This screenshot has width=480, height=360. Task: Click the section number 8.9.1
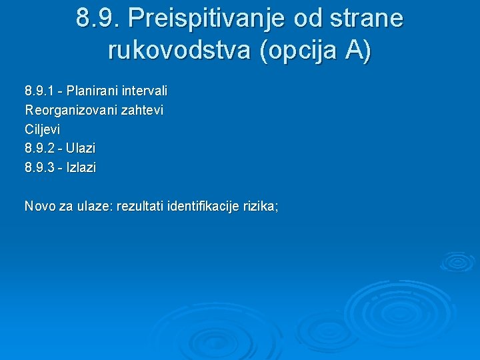[x=43, y=90]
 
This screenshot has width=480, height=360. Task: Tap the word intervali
[x=144, y=90]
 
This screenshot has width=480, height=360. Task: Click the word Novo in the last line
[x=39, y=207]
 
